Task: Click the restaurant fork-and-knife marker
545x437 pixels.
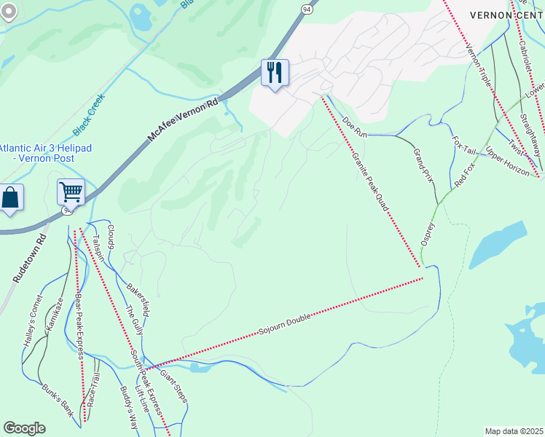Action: click(275, 73)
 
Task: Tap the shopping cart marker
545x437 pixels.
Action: click(71, 193)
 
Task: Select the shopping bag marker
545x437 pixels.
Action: click(11, 197)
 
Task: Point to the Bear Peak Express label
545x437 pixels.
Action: click(77, 326)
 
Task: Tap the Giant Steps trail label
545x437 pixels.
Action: click(175, 386)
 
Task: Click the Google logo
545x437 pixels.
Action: click(24, 428)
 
